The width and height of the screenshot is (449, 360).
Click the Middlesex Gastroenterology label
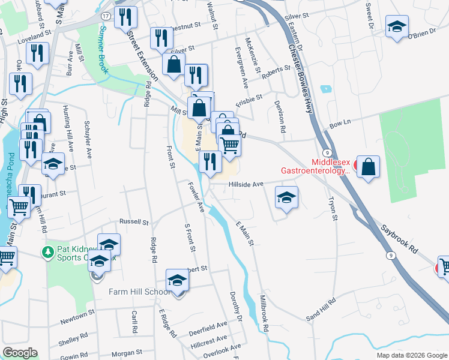330,166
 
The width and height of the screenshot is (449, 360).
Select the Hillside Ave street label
246,185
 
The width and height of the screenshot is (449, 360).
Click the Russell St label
133,222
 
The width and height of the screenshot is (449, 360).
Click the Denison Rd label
280,116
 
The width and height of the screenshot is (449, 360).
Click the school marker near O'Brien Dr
396,27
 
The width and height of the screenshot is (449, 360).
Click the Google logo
20,353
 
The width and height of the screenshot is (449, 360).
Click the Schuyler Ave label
89,140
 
